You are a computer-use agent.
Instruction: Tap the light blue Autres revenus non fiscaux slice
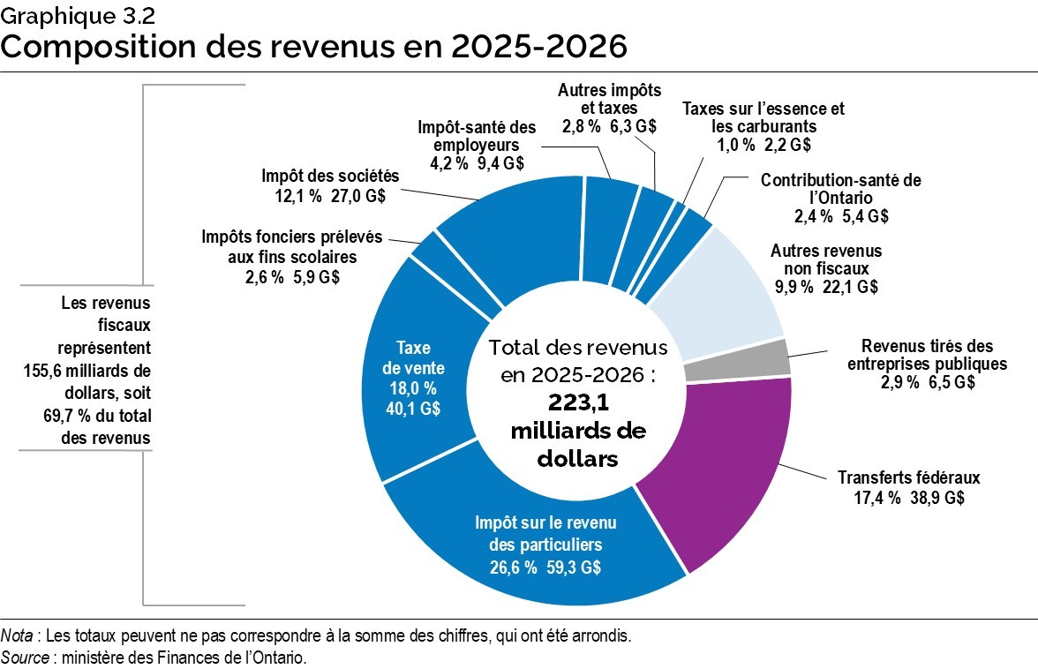coord(724,282)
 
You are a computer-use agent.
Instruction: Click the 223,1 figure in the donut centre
coord(577,402)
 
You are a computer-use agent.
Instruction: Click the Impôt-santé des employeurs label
coord(477,135)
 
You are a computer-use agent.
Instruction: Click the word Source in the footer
coord(25,658)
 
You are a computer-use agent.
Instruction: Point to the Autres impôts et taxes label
coord(609,99)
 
